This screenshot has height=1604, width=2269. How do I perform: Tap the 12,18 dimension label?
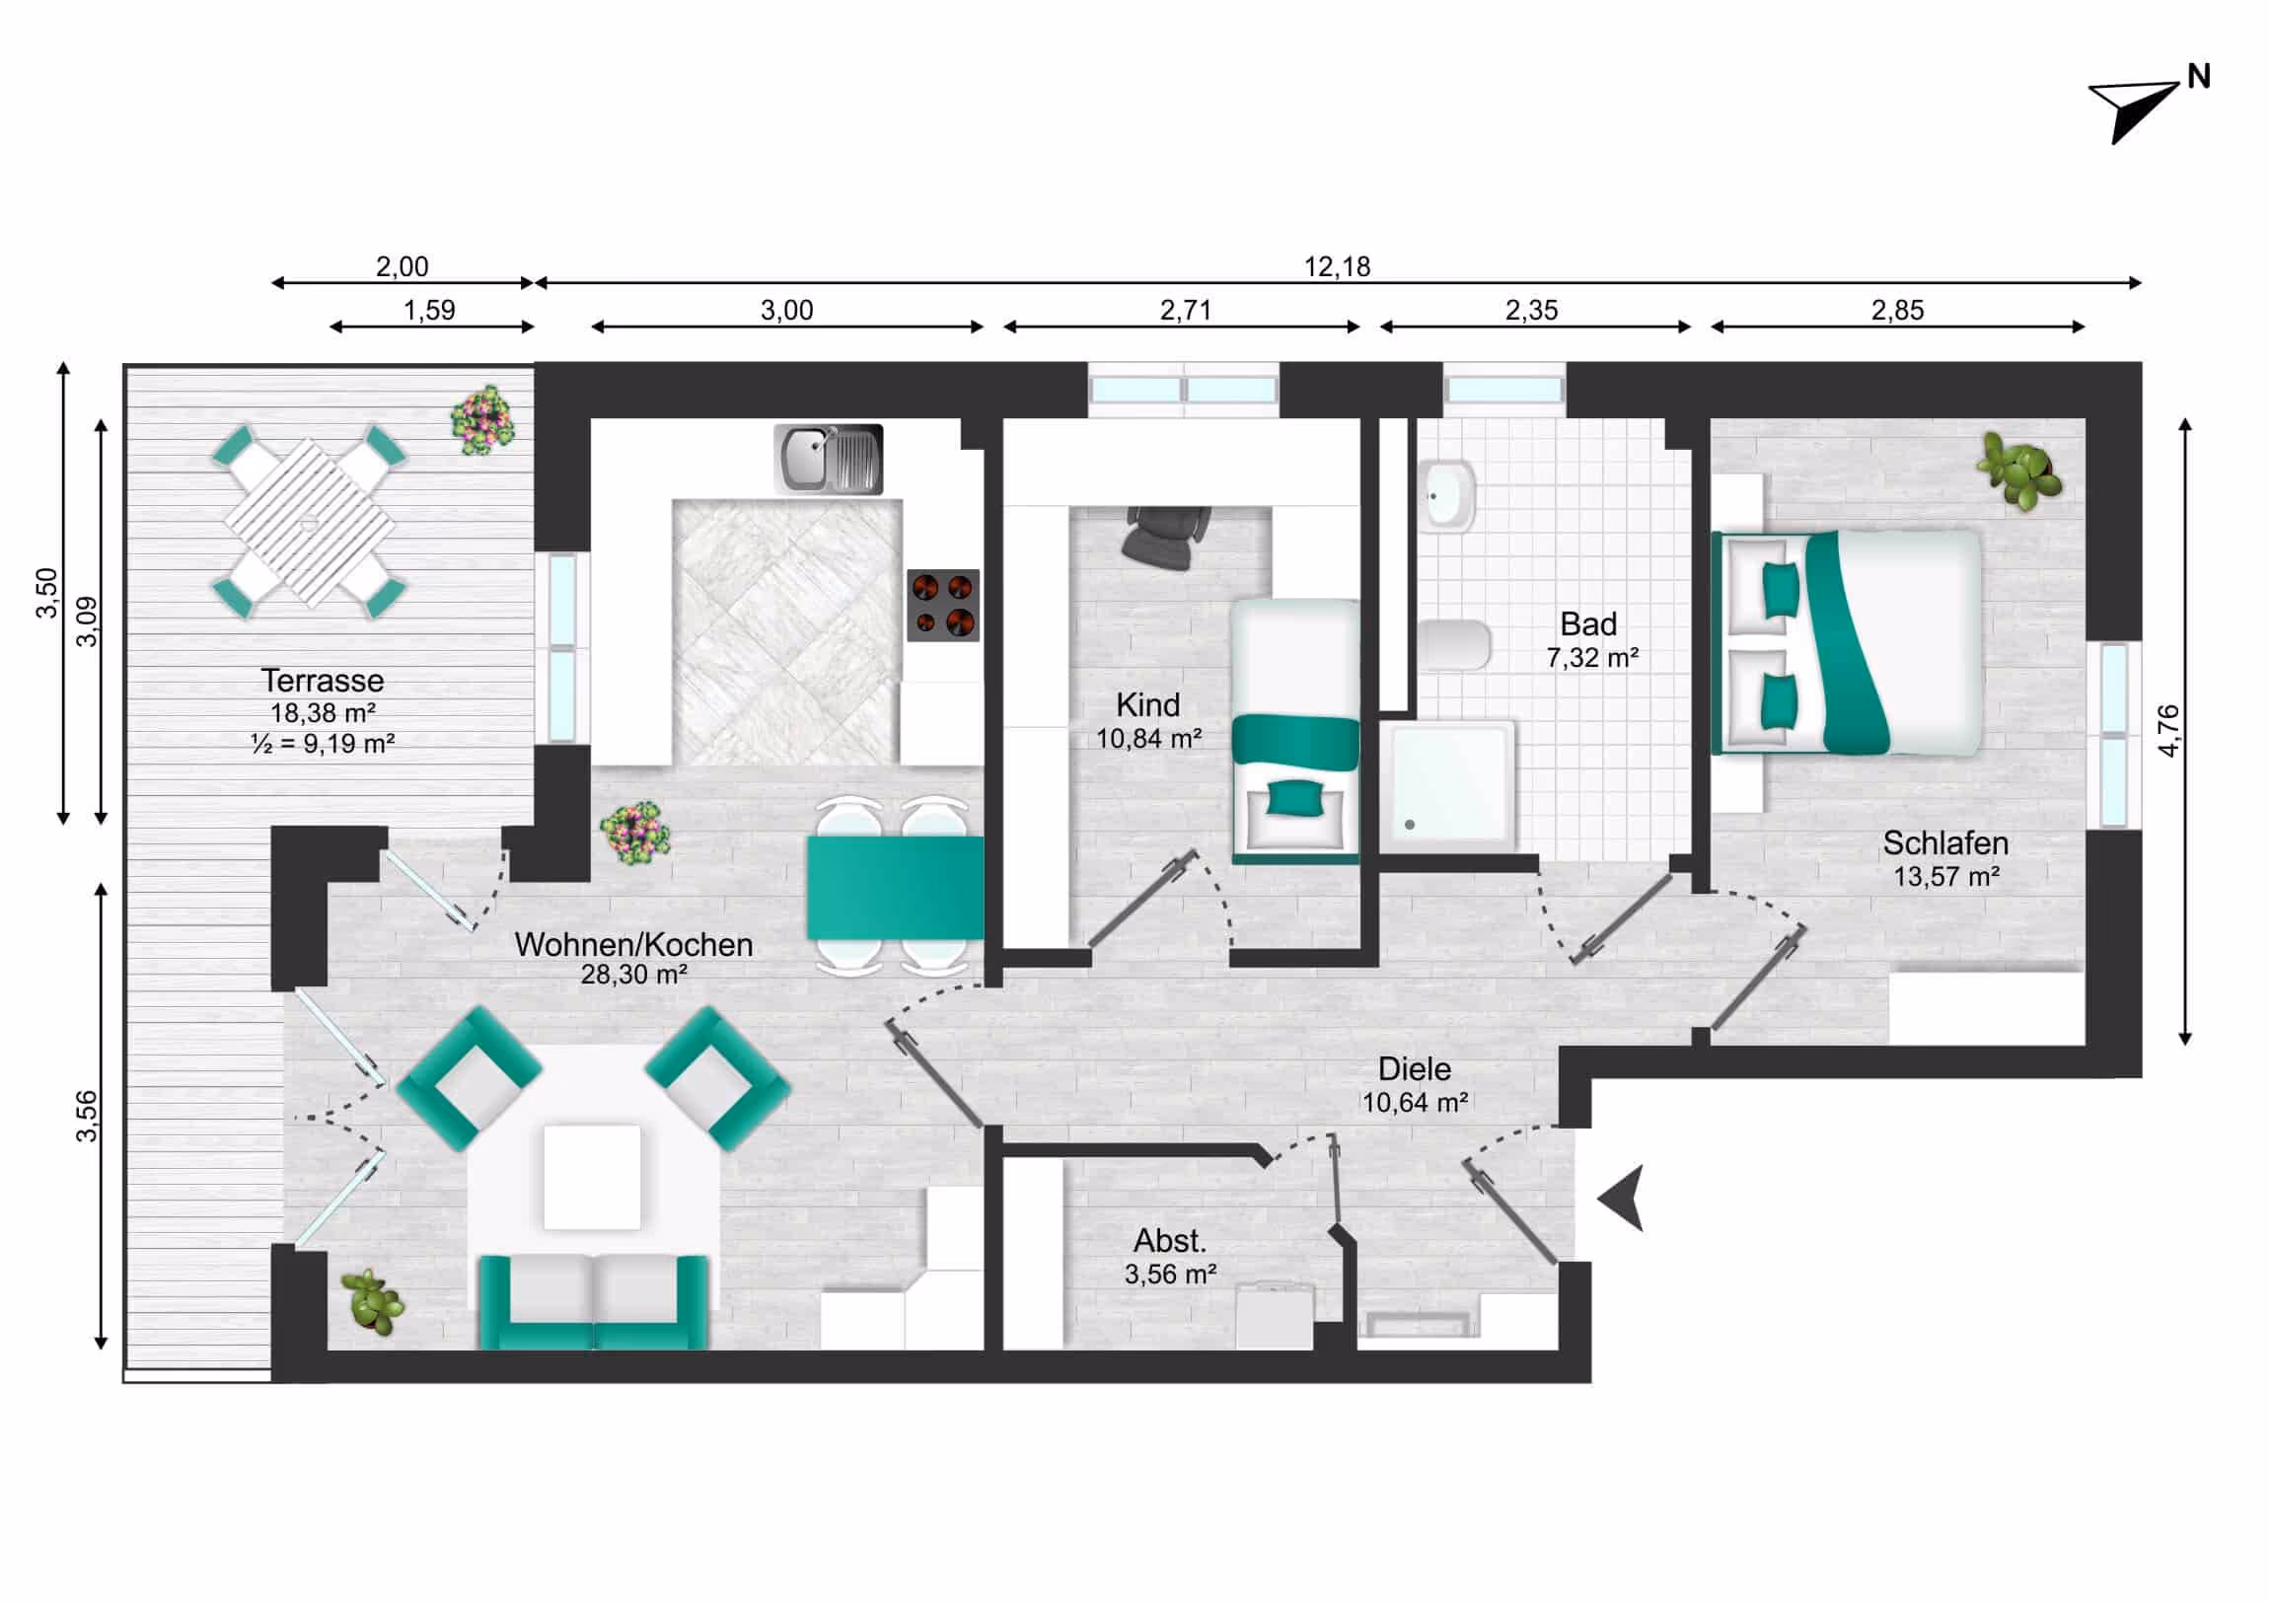[1336, 266]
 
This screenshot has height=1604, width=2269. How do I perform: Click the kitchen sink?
[828, 460]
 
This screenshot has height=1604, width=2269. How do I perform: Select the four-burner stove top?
[943, 605]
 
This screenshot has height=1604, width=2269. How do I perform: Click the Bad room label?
[1588, 624]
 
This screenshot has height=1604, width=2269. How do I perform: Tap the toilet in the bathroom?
[1454, 644]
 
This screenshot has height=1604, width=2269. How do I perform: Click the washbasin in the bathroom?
[1449, 494]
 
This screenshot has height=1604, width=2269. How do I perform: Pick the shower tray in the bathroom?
[1447, 785]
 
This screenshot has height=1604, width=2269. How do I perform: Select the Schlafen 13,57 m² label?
[1944, 858]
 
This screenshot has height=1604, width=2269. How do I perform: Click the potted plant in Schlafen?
[2020, 471]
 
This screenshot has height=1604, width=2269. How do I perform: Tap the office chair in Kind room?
[1168, 537]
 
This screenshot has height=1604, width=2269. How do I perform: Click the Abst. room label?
[1170, 1241]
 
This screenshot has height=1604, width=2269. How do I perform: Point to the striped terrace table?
[310, 522]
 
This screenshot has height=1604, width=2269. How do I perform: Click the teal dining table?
[895, 888]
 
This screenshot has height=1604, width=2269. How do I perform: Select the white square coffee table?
[592, 1176]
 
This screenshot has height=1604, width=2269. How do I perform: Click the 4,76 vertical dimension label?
[2168, 730]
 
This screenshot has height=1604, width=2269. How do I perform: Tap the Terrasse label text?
[323, 680]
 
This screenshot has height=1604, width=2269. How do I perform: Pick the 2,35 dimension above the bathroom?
[1531, 311]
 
